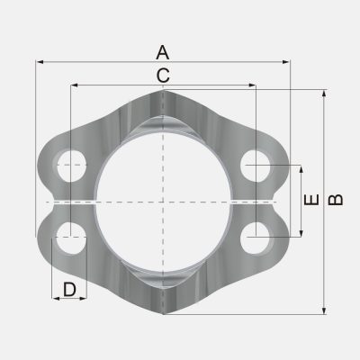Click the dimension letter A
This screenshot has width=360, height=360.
click(162, 51)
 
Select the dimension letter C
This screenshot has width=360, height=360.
click(162, 76)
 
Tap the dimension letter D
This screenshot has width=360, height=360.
click(69, 290)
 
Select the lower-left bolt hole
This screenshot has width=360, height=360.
click(70, 240)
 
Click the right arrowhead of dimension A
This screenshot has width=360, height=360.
click(289, 61)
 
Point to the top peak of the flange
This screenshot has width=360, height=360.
click(163, 92)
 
